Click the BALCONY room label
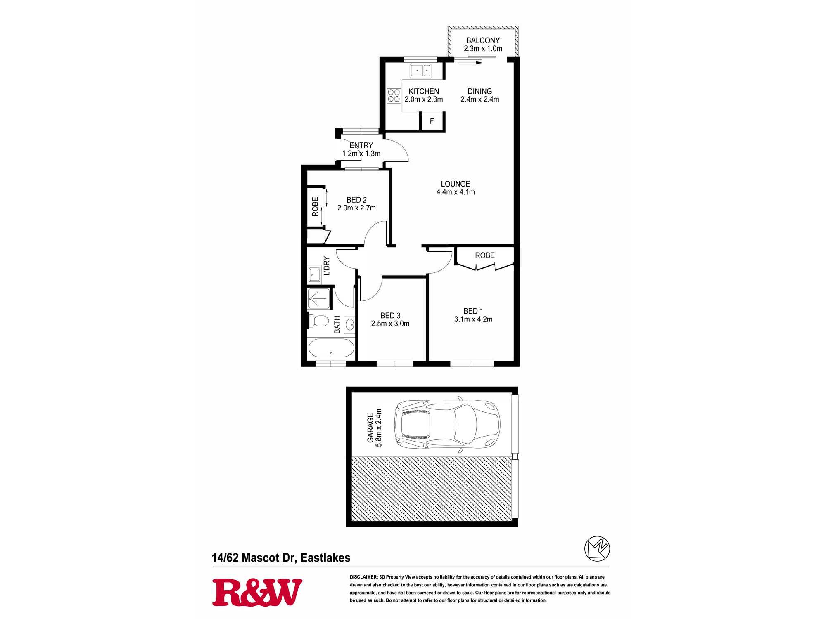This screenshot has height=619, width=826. point(483,40)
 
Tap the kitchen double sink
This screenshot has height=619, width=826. point(420,71)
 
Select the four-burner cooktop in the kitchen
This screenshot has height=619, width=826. point(394,95)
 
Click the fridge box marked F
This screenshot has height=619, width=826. point(432,121)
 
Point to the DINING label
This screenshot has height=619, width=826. point(479,91)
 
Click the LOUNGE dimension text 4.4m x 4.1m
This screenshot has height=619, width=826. point(456,192)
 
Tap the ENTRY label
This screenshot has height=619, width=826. point(361,145)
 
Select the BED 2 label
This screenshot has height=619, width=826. point(356,200)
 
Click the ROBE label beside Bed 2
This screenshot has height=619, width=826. point(315,207)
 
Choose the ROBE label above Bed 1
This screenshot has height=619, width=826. point(485,255)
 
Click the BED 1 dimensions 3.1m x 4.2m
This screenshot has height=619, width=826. point(473,319)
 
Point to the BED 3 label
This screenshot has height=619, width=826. point(390,316)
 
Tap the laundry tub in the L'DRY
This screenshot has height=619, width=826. point(315,275)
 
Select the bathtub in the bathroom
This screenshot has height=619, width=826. point(331,348)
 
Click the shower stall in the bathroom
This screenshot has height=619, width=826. point(319,298)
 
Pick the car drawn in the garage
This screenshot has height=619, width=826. point(447,424)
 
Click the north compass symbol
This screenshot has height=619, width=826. point(597,548)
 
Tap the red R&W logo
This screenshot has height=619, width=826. point(257,593)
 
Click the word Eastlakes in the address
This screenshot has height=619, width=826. point(325,558)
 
